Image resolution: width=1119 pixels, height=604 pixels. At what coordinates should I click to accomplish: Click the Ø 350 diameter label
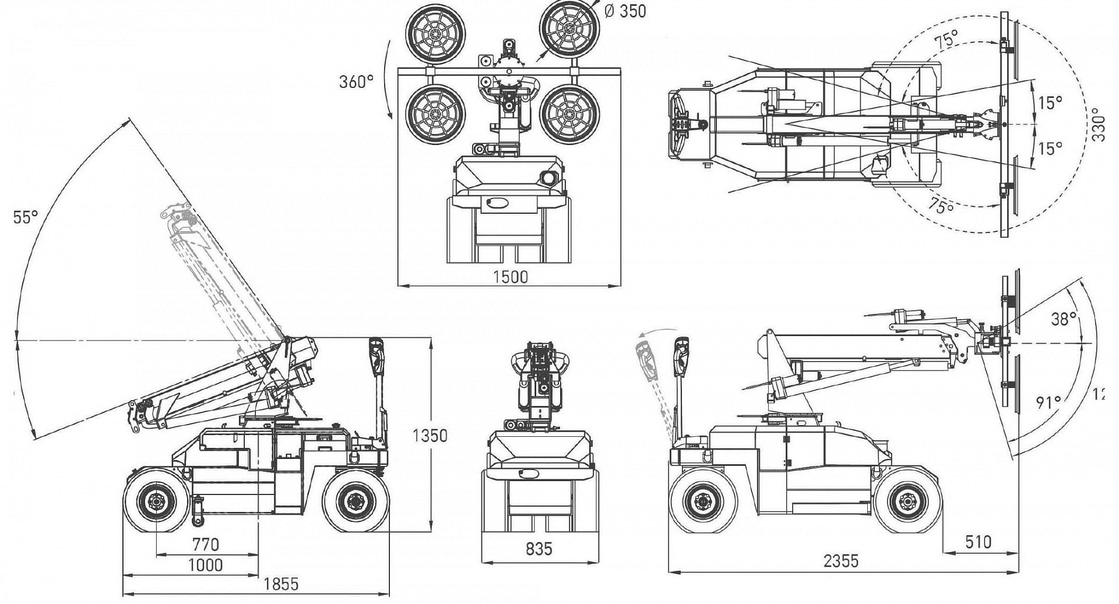pyautogui.click(x=625, y=11)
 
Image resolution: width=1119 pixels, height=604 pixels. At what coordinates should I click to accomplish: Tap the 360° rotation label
pyautogui.click(x=356, y=82)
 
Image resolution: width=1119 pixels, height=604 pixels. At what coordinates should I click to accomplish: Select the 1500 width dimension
pyautogui.click(x=511, y=277)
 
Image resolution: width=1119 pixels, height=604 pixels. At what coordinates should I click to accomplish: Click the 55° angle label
pyautogui.click(x=26, y=217)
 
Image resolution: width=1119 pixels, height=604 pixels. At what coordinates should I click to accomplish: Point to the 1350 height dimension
pyautogui.click(x=430, y=436)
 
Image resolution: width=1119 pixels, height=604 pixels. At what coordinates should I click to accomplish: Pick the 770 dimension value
pyautogui.click(x=206, y=545)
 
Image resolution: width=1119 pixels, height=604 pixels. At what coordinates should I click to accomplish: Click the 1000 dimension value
pyautogui.click(x=206, y=565)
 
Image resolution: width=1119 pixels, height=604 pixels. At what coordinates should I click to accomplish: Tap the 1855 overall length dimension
pyautogui.click(x=281, y=584)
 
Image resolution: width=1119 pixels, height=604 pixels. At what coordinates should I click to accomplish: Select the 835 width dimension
pyautogui.click(x=539, y=549)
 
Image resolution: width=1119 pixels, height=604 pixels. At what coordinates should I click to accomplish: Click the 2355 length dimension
pyautogui.click(x=841, y=561)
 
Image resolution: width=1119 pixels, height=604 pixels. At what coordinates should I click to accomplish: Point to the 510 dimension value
pyautogui.click(x=978, y=542)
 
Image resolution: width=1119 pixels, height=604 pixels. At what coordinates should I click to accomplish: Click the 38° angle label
pyautogui.click(x=1063, y=319)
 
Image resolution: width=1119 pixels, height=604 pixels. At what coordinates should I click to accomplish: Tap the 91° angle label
pyautogui.click(x=1048, y=402)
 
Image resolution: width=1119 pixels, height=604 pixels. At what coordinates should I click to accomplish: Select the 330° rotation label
pyautogui.click(x=1098, y=124)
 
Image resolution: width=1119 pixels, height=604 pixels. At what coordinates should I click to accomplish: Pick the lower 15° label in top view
pyautogui.click(x=1050, y=149)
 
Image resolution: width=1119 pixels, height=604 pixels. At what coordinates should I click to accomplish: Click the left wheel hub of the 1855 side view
pyautogui.click(x=156, y=500)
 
